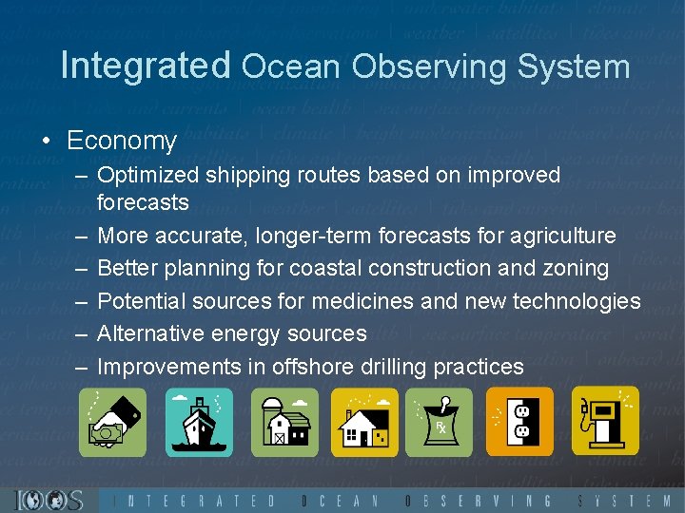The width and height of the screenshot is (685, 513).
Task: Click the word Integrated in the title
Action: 146,66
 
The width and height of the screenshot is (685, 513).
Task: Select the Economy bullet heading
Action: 121,141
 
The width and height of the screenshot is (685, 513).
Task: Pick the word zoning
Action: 575,268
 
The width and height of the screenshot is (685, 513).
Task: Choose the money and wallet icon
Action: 112,421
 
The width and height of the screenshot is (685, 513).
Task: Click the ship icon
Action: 199,421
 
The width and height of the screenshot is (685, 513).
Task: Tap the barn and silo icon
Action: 284,421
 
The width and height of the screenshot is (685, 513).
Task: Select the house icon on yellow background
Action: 364,421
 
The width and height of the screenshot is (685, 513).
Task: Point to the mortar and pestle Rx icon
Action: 440,421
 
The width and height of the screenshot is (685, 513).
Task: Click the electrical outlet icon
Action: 519,421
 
